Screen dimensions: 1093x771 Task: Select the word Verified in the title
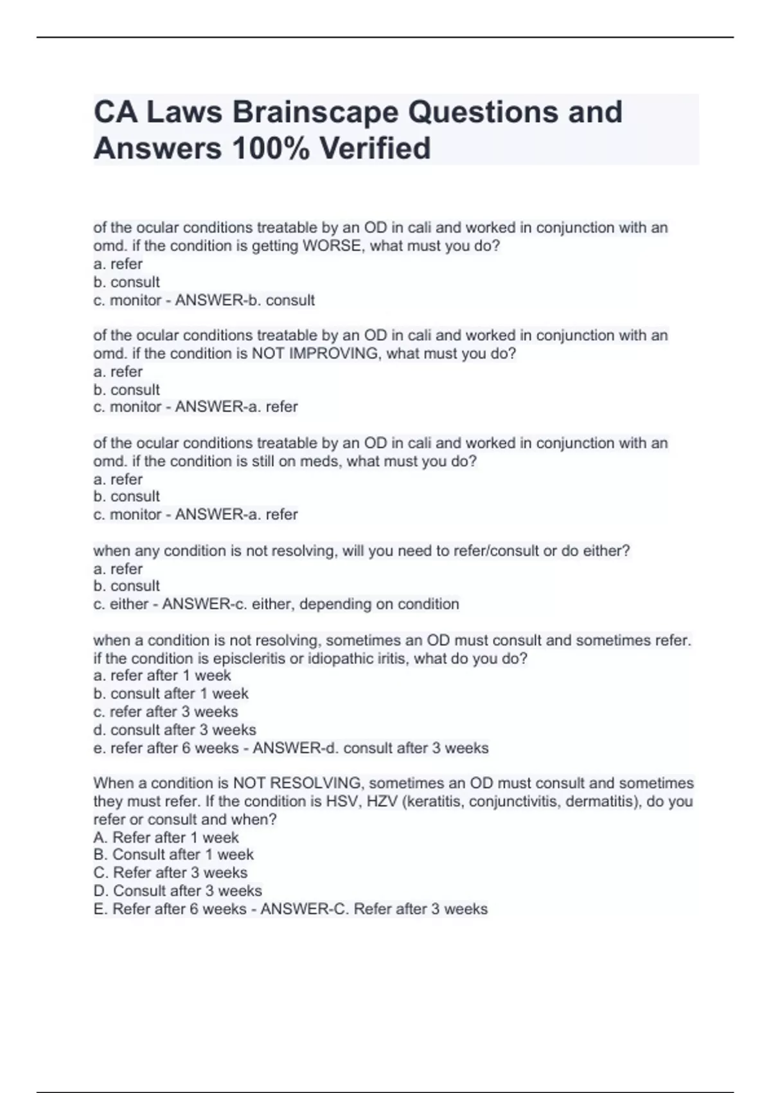click(x=375, y=149)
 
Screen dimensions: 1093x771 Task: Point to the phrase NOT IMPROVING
click(x=314, y=354)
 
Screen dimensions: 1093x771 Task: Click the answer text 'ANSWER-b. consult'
click(x=245, y=300)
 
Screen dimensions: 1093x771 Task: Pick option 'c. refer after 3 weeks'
click(x=166, y=712)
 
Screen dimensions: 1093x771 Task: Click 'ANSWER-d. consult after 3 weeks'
click(x=371, y=748)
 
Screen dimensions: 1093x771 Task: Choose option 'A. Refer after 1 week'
click(x=166, y=838)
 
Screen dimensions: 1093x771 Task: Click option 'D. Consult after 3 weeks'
click(x=177, y=891)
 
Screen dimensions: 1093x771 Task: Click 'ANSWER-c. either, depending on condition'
click(x=310, y=604)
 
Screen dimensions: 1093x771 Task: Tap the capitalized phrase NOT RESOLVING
click(x=296, y=783)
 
